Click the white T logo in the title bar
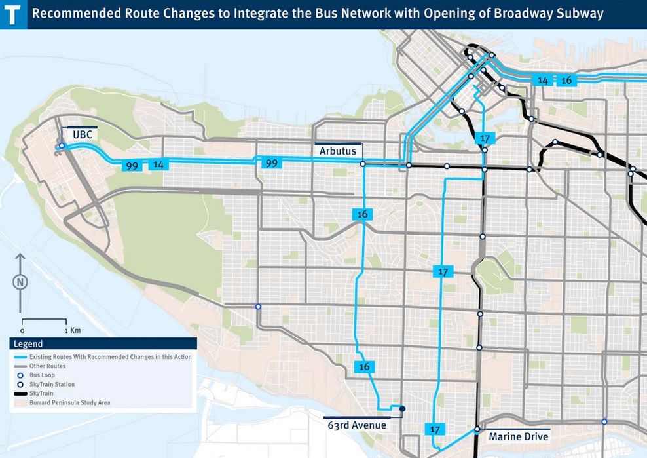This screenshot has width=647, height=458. tap(13, 14)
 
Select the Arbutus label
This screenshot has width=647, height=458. tap(337, 151)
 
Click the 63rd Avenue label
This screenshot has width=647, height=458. tap(357, 425)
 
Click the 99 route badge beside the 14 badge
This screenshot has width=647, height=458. tap(132, 166)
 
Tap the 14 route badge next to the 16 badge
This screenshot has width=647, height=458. tap(542, 80)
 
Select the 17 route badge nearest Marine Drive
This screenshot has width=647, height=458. tap(435, 429)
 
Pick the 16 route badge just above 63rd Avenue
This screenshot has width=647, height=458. tap(365, 367)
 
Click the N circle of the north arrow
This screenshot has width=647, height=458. tap(21, 282)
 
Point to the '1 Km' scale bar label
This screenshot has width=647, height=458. tap(73, 330)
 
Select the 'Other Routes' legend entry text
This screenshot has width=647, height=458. tap(48, 366)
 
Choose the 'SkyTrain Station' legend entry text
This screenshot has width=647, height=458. tap(52, 384)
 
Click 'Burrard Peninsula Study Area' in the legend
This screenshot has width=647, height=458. tap(69, 402)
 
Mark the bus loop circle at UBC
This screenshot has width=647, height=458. tap(62, 146)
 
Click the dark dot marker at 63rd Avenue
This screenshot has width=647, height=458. tap(402, 409)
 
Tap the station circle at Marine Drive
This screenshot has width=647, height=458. tap(477, 430)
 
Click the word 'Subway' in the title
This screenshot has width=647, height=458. tap(580, 14)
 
